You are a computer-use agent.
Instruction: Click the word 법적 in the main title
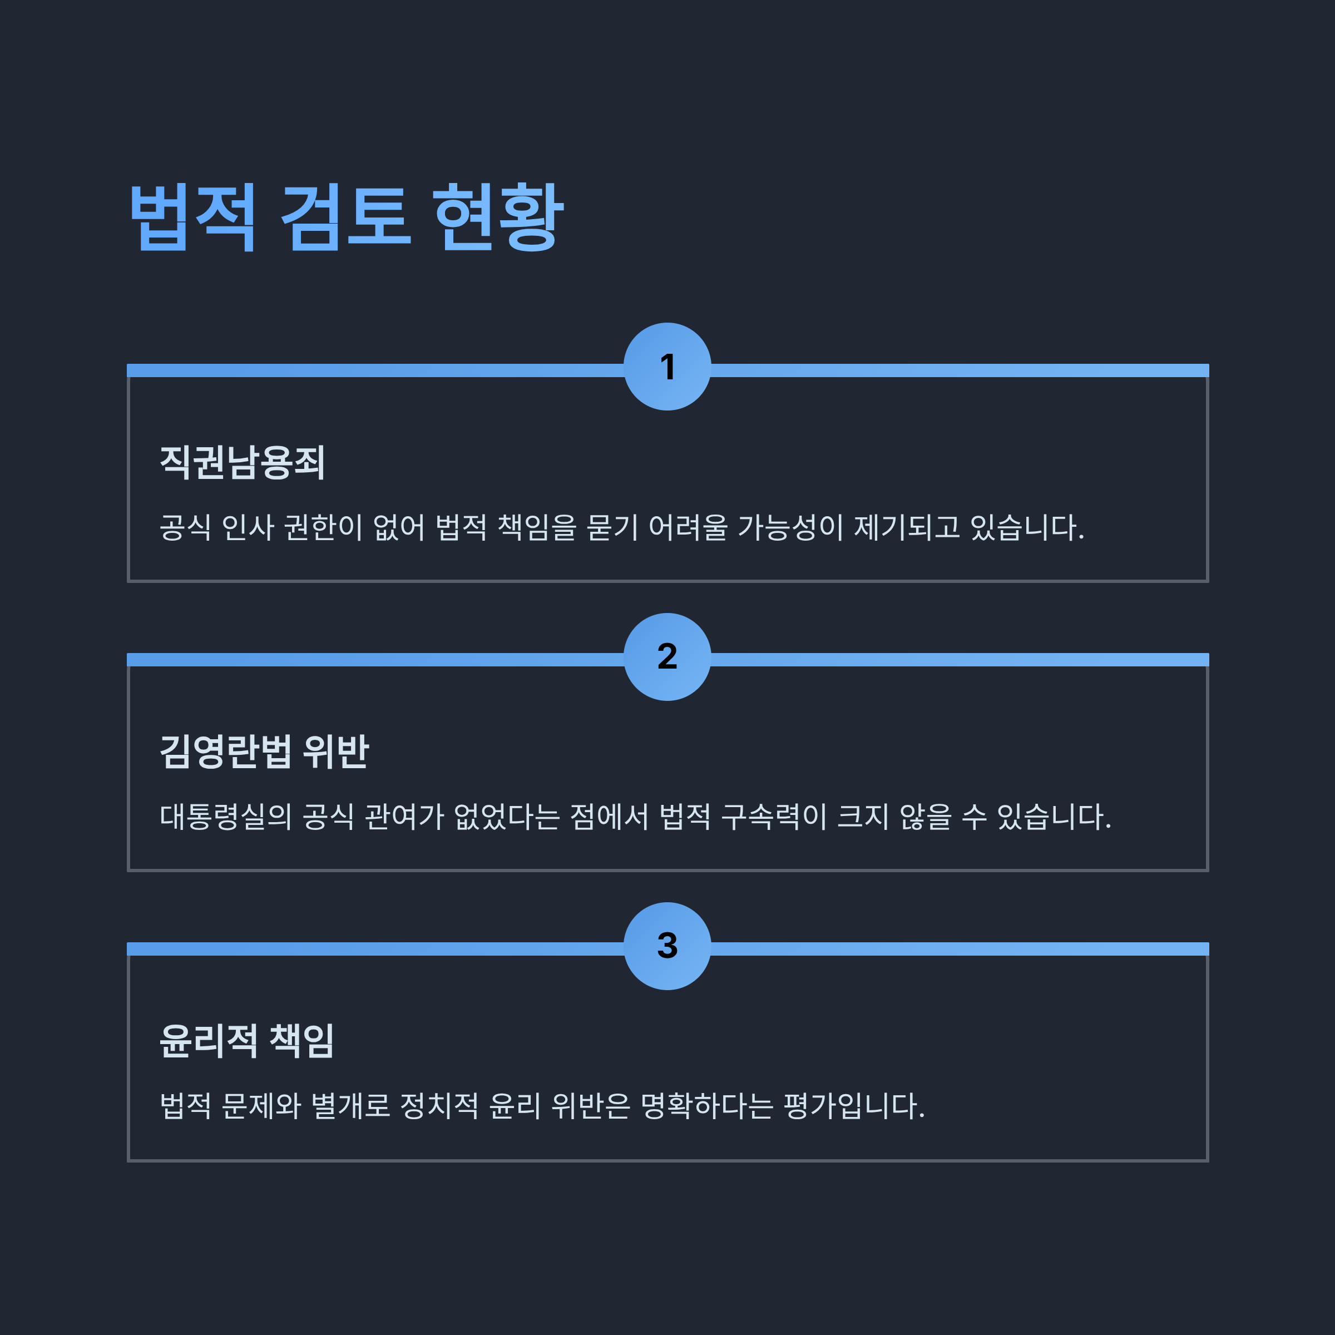tap(193, 217)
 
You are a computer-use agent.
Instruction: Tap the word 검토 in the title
tap(345, 217)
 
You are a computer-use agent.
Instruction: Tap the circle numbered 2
tap(667, 656)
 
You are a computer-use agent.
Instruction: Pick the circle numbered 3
tap(667, 946)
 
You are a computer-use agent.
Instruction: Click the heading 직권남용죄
tap(243, 462)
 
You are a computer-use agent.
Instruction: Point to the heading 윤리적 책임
tap(246, 1041)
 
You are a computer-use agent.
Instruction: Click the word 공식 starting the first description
tap(185, 527)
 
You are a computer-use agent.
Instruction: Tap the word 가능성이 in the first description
tap(790, 527)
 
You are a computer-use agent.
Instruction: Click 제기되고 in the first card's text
tap(907, 527)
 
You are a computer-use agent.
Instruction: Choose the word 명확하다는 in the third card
tap(706, 1106)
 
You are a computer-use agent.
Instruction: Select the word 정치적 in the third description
tap(439, 1106)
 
